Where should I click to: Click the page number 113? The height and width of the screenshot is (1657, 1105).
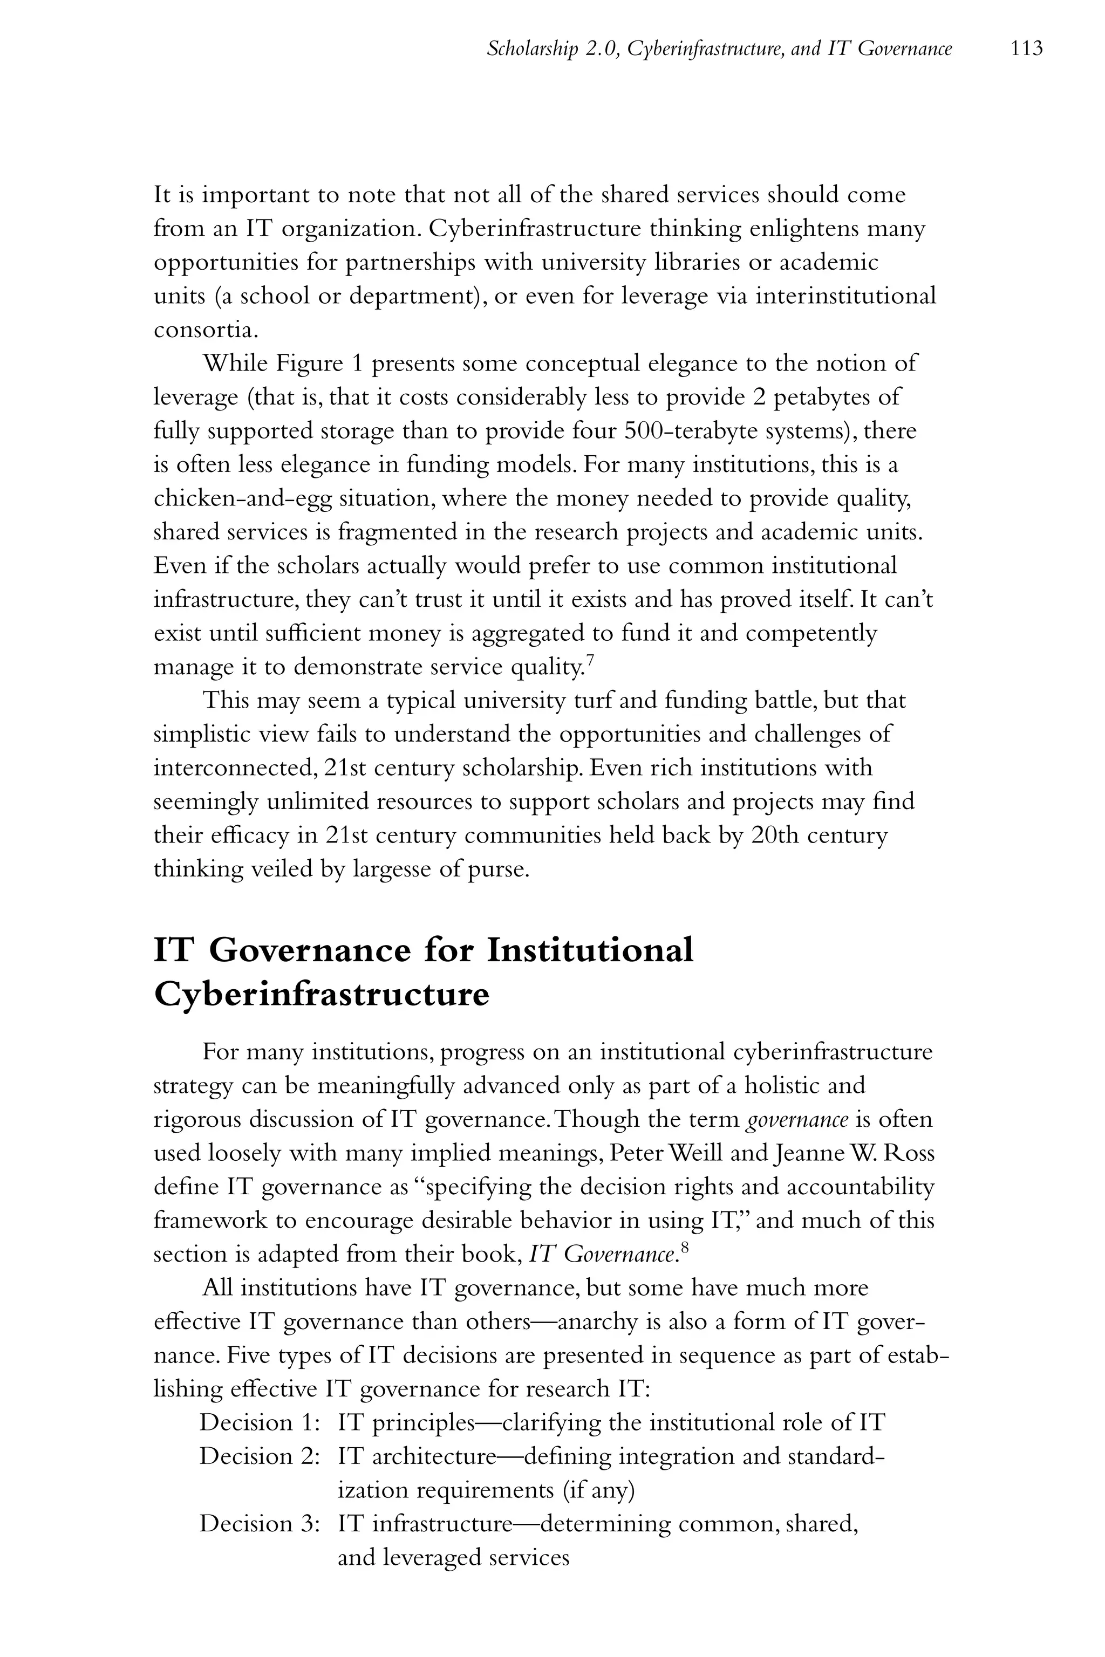[1026, 49]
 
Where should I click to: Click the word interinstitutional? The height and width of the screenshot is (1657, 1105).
[845, 295]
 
